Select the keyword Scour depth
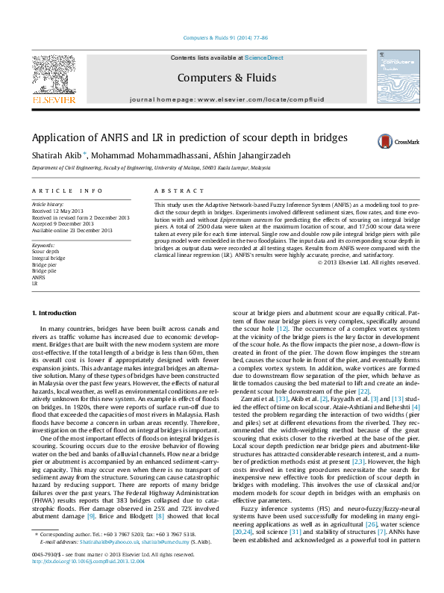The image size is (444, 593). (x=46, y=252)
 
